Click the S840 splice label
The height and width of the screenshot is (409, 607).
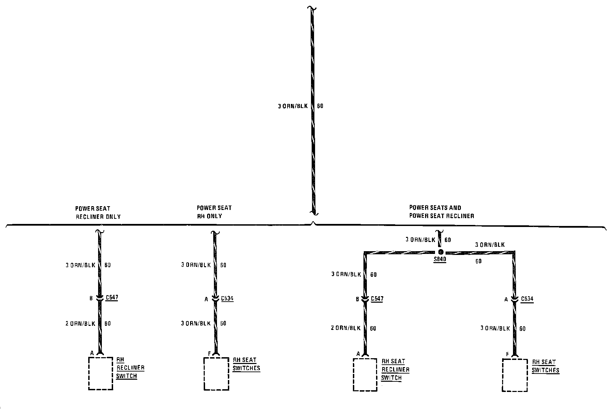pos(440,259)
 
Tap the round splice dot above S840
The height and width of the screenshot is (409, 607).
pos(440,252)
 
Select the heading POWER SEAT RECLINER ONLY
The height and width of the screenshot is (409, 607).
pos(97,212)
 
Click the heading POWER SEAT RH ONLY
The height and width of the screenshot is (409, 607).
pos(214,212)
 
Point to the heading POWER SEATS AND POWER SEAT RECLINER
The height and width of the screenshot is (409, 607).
pos(441,211)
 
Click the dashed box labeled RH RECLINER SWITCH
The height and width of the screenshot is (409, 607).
pos(100,373)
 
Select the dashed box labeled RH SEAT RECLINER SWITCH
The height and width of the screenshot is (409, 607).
pos(365,375)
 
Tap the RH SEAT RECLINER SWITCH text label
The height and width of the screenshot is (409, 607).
pos(395,369)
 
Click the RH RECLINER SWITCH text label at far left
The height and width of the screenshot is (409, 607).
pos(130,368)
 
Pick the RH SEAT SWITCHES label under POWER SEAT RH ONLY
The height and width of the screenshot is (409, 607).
pos(246,364)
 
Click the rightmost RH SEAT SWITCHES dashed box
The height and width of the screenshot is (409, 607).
pos(515,375)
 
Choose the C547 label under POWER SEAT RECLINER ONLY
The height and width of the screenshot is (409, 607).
pos(112,298)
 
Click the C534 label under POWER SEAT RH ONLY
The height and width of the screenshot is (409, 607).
pos(227,299)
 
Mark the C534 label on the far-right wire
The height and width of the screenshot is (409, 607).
pos(527,299)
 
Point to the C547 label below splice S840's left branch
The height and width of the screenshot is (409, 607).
pos(377,299)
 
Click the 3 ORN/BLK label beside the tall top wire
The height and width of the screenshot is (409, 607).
pos(293,106)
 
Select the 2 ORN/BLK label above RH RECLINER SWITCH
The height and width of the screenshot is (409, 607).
pos(80,323)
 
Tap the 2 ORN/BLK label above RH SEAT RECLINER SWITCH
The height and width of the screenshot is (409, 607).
pos(345,328)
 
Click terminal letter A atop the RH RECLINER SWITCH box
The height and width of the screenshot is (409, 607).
pos(92,353)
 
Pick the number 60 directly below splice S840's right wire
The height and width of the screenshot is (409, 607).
pos(478,261)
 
